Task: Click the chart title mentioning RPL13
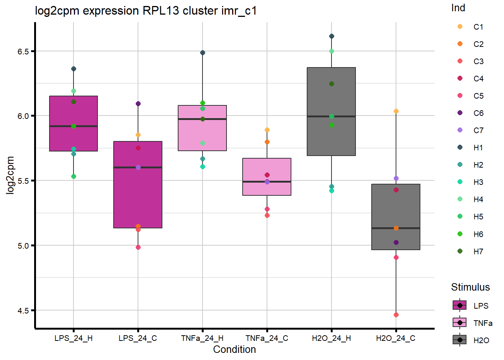click(146, 10)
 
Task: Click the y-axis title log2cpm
click(10, 175)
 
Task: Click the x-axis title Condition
click(234, 349)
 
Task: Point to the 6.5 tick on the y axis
click(23, 51)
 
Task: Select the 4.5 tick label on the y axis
click(23, 310)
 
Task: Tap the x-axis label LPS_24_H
click(73, 338)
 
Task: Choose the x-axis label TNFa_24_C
click(267, 338)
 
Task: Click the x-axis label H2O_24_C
click(396, 338)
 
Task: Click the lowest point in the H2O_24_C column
click(396, 315)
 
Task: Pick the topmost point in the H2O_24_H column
click(331, 36)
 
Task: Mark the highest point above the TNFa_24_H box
click(202, 53)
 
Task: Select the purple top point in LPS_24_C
click(138, 103)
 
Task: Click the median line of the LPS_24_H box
click(73, 126)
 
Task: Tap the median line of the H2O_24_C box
click(396, 228)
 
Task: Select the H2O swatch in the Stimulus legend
click(460, 340)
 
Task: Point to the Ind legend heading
click(458, 8)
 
